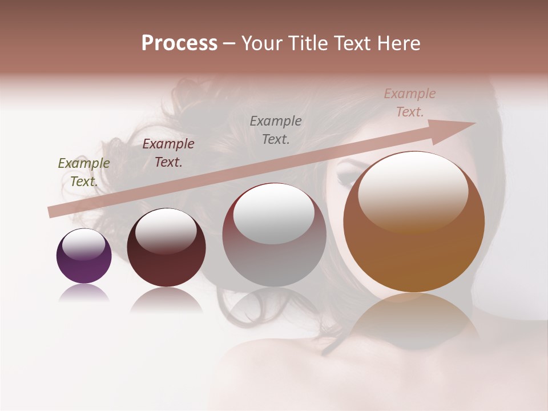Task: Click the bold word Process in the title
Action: (179, 43)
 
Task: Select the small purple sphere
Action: (84, 256)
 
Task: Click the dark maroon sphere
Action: (166, 248)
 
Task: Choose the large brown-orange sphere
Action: (414, 222)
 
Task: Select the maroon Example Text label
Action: (168, 153)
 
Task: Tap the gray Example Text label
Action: (276, 130)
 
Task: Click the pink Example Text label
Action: (410, 103)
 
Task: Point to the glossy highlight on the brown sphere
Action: (413, 191)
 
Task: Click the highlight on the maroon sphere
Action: (166, 231)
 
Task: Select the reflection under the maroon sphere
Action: (166, 300)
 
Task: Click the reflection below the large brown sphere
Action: (414, 320)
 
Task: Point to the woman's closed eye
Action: (349, 173)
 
